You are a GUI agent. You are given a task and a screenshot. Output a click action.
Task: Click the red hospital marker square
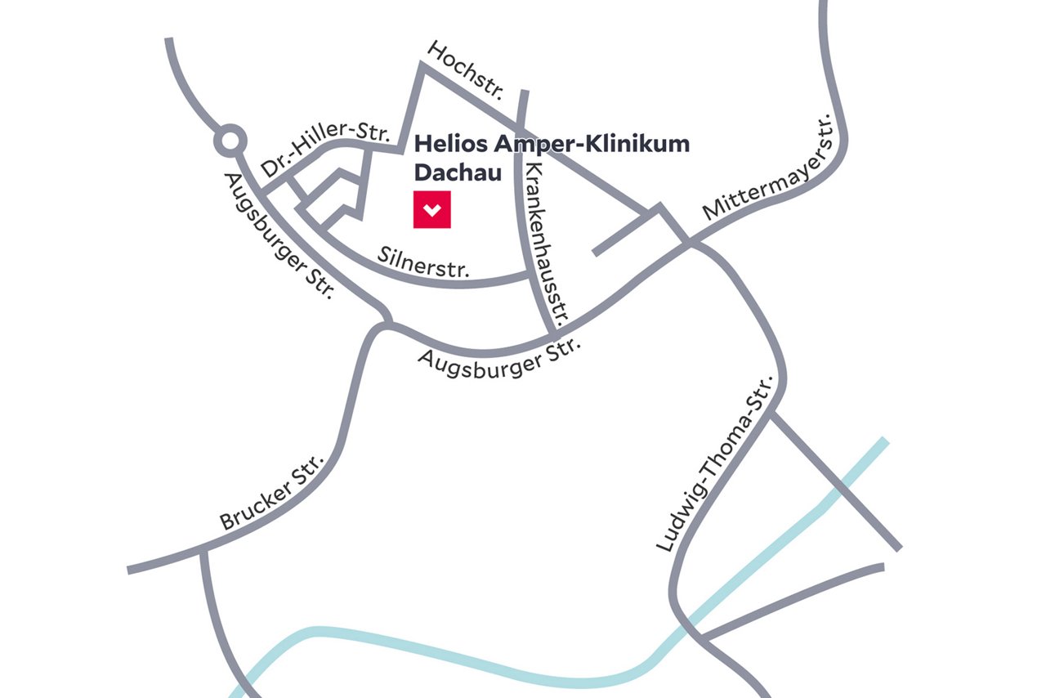pos(431,209)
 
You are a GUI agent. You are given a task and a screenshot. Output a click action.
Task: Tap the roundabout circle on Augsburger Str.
pos(230,142)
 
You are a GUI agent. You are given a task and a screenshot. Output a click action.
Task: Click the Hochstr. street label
pos(467,71)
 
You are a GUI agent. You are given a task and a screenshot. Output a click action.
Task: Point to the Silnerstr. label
pos(424,261)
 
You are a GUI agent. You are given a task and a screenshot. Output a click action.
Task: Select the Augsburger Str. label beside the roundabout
pos(278,236)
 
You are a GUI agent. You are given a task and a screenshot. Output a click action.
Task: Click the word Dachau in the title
pos(458,172)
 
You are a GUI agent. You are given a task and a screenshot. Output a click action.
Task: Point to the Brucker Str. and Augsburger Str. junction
pos(384,324)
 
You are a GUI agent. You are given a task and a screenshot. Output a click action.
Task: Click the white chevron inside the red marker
pos(432,210)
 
